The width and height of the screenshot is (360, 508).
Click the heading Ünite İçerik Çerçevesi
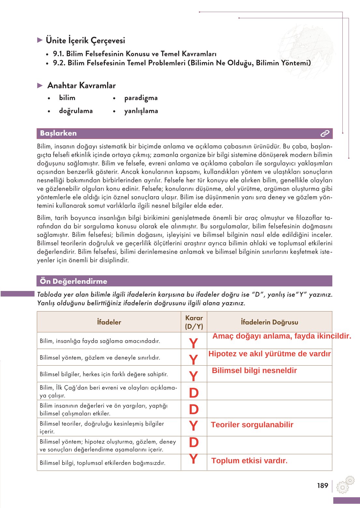point(85,40)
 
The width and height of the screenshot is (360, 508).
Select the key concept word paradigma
point(141,98)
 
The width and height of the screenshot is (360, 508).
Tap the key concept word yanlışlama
point(141,111)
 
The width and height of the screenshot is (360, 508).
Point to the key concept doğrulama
point(76,111)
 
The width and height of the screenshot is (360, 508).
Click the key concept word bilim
point(67,98)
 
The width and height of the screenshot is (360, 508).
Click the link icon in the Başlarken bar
point(325,133)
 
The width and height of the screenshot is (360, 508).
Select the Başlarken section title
point(58,133)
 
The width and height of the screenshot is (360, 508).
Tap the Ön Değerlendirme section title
point(73,281)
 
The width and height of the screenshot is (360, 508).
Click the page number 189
point(323,486)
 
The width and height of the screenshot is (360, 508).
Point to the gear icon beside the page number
point(345,485)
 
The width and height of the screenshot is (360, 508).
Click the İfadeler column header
point(109,322)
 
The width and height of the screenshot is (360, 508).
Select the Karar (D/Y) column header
point(194,322)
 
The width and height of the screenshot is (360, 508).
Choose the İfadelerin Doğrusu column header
point(269,322)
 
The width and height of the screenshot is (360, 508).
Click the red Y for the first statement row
point(194,343)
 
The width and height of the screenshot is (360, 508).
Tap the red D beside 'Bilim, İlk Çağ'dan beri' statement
point(194,393)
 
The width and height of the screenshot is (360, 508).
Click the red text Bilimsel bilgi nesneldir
point(254,370)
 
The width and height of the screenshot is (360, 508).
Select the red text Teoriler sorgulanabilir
point(252,425)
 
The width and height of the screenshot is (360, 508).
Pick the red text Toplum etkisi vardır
point(249,460)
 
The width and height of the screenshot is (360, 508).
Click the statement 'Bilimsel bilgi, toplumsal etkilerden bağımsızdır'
point(102,463)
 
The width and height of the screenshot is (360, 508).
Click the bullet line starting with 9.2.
point(182,63)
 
